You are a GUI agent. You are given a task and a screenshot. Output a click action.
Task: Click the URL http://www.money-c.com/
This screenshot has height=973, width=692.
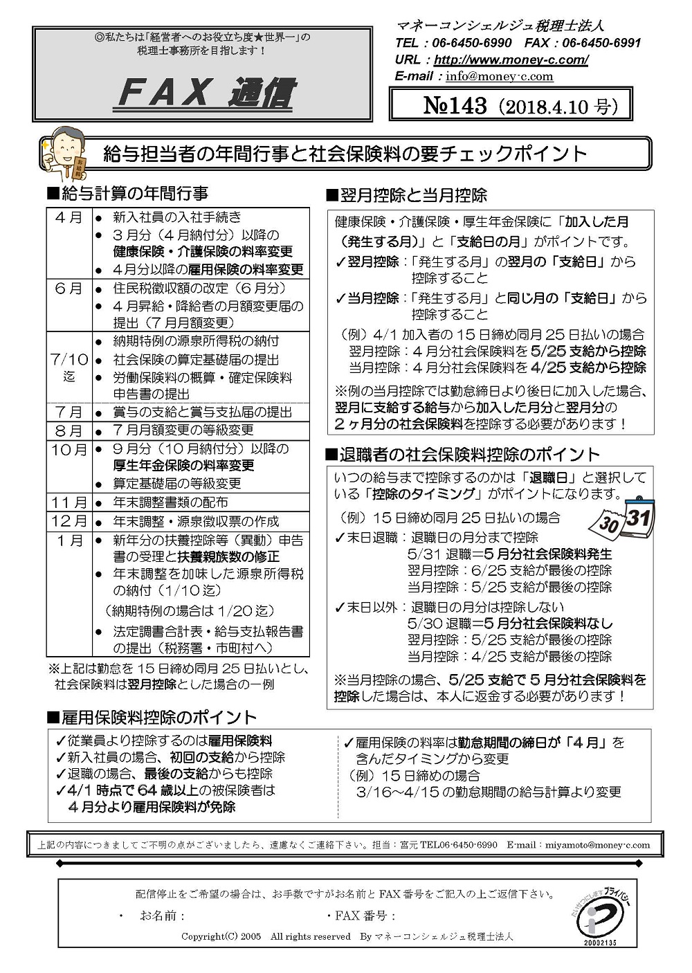click(511, 60)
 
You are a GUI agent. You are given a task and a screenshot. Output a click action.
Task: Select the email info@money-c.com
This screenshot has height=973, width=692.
click(499, 76)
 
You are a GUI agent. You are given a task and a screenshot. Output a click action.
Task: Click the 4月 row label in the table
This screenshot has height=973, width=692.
click(69, 217)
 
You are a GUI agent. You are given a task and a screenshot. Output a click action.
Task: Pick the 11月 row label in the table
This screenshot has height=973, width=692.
click(69, 502)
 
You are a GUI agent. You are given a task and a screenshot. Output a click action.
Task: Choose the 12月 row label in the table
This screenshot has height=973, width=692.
click(69, 521)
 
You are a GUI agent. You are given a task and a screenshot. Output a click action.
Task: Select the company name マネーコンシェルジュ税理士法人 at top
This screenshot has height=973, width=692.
click(500, 26)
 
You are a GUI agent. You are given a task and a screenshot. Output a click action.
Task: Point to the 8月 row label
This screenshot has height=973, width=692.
click(69, 430)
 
